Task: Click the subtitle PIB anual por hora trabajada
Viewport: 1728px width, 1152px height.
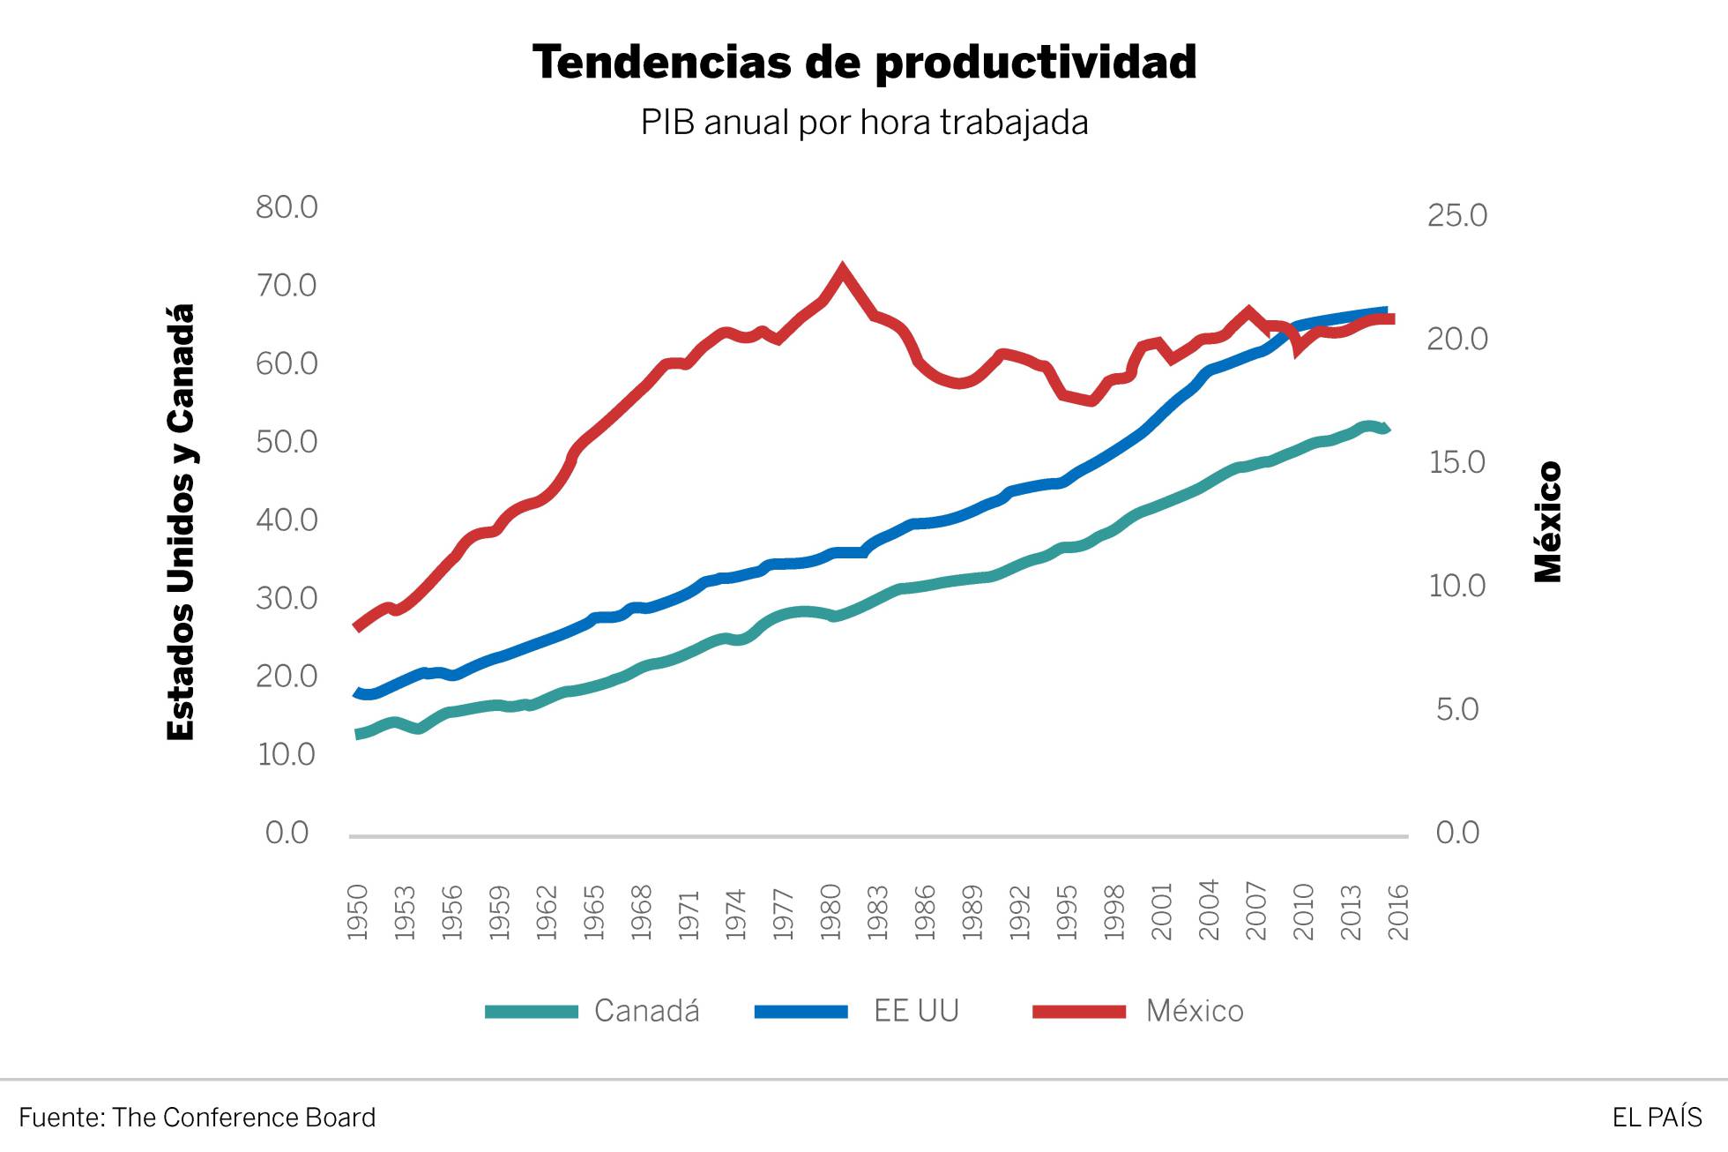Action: click(864, 123)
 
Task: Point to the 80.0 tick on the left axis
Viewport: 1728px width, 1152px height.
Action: click(287, 207)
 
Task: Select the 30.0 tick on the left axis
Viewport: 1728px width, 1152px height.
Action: click(287, 598)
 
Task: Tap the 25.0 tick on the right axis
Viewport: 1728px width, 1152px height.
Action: click(1456, 215)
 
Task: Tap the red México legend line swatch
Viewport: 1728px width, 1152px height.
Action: click(1079, 1012)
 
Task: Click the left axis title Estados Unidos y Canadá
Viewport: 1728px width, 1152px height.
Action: click(181, 522)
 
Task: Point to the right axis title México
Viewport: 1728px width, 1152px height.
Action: click(1548, 522)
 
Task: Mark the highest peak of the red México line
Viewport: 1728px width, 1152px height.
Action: click(842, 269)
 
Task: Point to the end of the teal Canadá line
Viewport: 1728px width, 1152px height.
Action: click(1388, 430)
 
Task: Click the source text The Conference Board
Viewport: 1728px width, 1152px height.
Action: click(243, 1118)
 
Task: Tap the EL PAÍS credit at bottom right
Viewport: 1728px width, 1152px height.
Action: click(1657, 1118)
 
